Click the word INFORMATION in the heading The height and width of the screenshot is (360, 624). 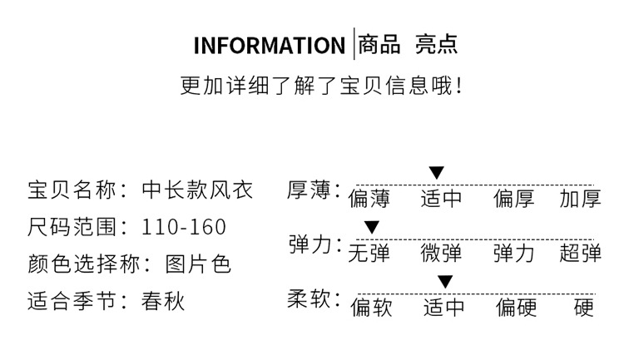269,46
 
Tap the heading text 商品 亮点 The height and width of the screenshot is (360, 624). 408,44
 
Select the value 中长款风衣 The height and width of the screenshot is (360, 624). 198,190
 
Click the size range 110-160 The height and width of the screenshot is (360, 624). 184,227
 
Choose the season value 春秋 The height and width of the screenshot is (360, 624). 163,301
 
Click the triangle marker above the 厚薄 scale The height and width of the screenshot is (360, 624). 437,172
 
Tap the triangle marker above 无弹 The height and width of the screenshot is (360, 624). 372,227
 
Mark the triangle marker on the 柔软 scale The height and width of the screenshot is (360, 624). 445,281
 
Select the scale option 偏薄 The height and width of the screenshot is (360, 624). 369,200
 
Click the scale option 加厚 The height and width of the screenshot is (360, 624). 580,200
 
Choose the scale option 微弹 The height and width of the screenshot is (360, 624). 442,253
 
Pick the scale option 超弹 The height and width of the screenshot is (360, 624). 580,253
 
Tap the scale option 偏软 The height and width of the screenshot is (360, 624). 370,308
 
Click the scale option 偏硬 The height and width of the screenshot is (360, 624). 517,308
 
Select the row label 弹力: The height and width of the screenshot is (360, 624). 314,245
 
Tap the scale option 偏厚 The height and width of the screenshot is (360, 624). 514,200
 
